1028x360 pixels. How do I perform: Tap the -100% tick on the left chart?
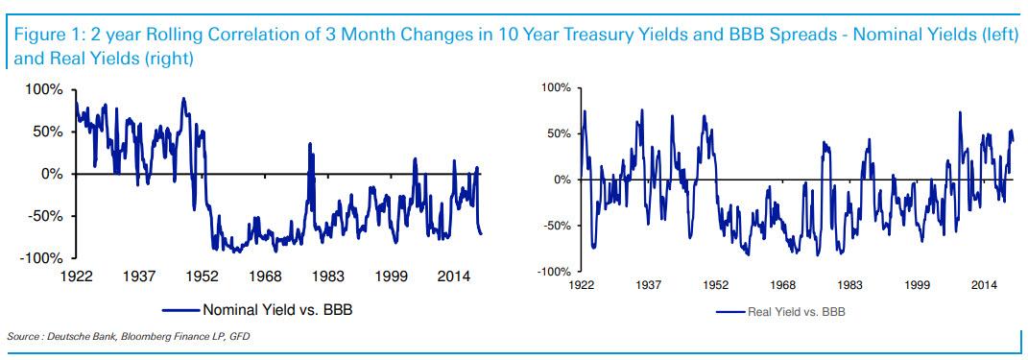41,258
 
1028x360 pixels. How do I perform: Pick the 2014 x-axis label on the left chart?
452,276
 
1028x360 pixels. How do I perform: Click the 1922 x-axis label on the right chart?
582,285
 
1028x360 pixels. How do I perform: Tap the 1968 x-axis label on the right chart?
783,285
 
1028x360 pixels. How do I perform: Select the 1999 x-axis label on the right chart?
918,285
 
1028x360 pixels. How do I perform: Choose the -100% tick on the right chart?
554,272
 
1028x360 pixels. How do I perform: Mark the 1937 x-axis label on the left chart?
140,276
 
